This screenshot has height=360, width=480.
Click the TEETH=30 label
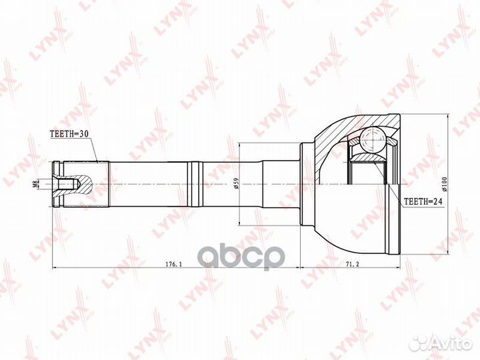(x=69, y=133)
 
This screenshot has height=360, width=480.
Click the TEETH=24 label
(x=423, y=200)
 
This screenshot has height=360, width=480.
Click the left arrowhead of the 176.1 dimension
(x=55, y=269)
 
